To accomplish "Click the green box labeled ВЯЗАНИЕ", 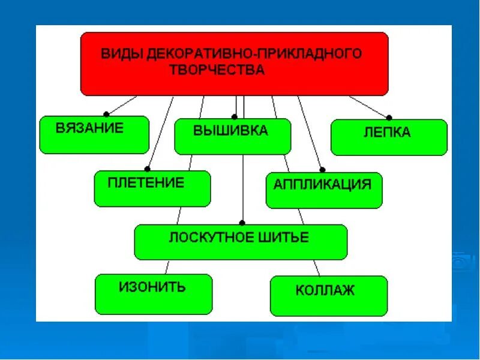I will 94,135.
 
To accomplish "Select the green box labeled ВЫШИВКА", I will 233,137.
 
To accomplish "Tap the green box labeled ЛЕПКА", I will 389,137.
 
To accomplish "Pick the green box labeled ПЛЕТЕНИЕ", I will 152,188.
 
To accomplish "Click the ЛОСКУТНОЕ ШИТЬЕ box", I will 241,242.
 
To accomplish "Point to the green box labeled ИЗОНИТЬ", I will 154,294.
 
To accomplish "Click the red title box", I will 234,63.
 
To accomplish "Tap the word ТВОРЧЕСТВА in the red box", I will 217,70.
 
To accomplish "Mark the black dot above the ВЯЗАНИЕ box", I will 106,113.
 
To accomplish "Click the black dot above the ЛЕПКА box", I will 389,118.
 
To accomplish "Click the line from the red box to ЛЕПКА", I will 369,107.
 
